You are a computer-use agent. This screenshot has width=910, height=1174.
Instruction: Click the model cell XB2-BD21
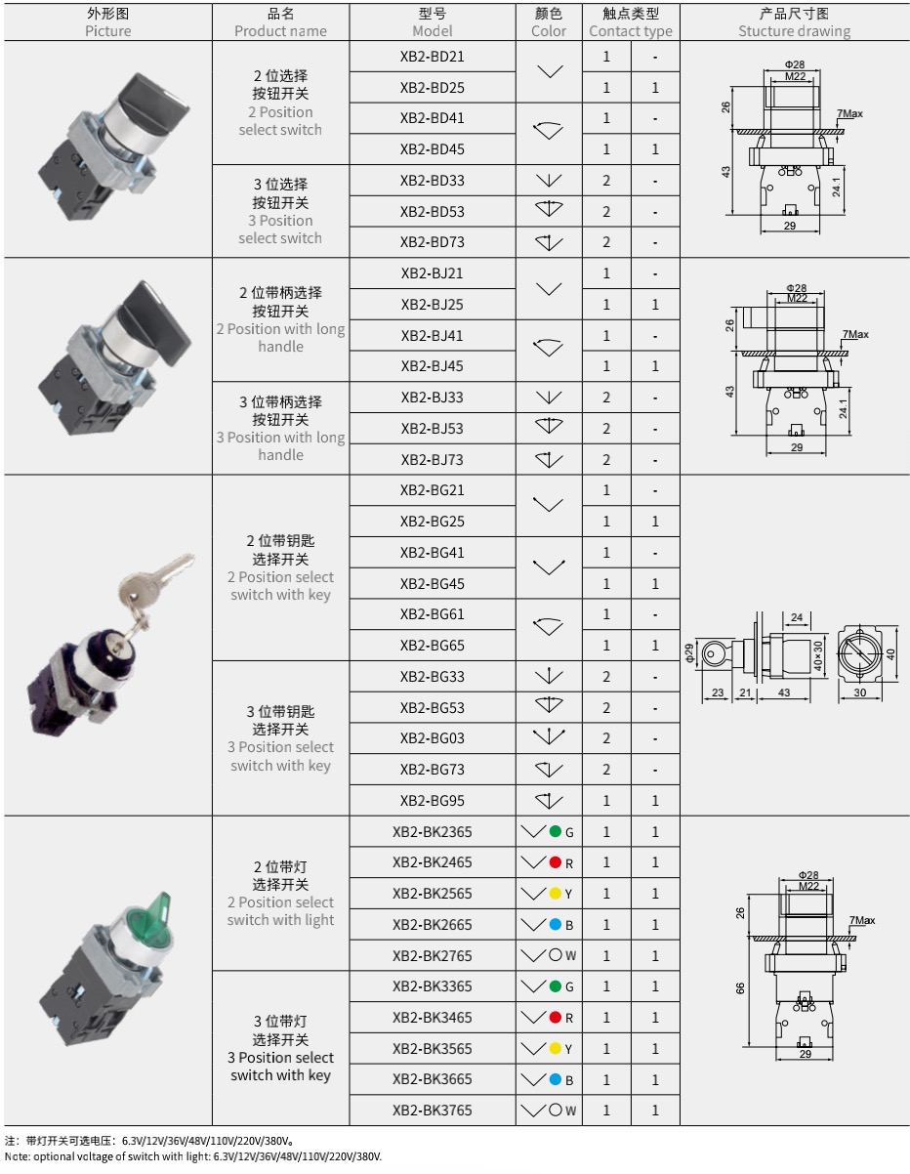(432, 57)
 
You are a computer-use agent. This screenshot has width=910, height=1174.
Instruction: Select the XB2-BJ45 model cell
(432, 365)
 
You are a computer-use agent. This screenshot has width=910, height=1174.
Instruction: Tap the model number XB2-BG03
(432, 738)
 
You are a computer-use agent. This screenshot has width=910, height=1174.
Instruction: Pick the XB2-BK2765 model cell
(432, 955)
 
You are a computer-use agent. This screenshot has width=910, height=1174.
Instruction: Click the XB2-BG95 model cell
(432, 800)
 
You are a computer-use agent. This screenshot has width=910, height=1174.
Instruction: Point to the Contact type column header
(630, 22)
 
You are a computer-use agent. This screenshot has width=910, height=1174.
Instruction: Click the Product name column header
(280, 22)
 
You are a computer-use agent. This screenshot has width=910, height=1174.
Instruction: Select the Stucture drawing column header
(794, 22)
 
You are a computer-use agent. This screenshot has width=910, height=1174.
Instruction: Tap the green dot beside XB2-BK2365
(555, 831)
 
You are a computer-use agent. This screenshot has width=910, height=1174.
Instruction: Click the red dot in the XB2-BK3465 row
(555, 1017)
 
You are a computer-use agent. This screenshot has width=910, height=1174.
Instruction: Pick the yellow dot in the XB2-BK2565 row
(555, 893)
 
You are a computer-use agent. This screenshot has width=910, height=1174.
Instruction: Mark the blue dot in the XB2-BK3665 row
(555, 1079)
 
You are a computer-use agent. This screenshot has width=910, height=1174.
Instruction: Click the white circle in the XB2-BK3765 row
(556, 1110)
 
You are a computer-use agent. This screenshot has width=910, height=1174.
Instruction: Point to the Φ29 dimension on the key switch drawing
(688, 653)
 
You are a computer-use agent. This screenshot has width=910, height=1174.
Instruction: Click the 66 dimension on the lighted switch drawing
(740, 988)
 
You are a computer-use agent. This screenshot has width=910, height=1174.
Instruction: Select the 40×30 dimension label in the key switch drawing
(818, 656)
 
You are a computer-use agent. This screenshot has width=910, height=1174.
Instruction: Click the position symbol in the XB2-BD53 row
(549, 209)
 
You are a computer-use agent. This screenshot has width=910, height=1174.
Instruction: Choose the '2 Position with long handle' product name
(280, 338)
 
